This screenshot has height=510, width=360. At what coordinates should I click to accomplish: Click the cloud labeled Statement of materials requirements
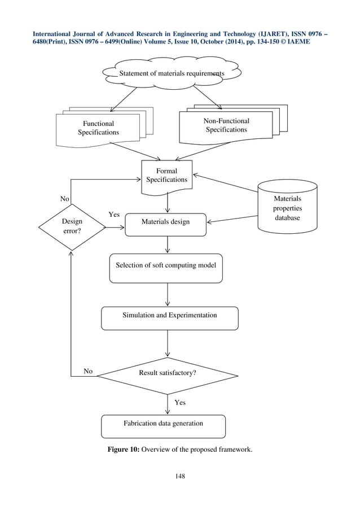point(171,73)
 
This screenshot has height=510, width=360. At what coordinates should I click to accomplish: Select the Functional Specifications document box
point(99,128)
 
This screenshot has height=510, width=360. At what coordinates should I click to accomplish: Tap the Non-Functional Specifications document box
point(226,125)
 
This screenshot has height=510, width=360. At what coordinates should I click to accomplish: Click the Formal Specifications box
point(166,175)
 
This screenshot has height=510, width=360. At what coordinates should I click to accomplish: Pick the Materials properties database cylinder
point(287,208)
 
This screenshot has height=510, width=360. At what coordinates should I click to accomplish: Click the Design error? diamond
point(72,228)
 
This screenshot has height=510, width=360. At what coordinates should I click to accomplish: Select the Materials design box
point(165,222)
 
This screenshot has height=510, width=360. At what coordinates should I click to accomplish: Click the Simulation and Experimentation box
point(169,316)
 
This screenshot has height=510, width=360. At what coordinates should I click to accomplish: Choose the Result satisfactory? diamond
point(168,373)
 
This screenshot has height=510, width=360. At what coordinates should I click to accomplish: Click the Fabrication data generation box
point(163,424)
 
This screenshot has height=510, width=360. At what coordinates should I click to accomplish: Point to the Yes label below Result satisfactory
point(179,403)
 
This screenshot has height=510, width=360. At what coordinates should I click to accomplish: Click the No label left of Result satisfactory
point(88,371)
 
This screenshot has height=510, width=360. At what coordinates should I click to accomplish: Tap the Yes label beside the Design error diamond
point(113,215)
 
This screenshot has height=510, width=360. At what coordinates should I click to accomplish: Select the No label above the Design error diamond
point(65,199)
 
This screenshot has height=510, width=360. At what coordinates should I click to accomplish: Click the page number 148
point(179,476)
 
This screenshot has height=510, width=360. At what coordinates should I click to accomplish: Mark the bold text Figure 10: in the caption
point(124,450)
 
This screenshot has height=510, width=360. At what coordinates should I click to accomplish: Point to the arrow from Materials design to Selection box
point(168,244)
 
